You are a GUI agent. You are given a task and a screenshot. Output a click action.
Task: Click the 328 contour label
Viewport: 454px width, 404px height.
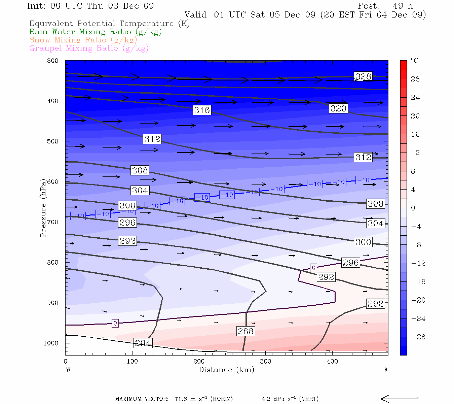363,76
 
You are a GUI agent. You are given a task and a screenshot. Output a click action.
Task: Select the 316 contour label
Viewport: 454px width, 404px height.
202,110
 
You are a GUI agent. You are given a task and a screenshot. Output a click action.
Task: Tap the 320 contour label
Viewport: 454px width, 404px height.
338,108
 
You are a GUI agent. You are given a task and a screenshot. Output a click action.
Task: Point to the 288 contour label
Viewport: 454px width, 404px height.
246,331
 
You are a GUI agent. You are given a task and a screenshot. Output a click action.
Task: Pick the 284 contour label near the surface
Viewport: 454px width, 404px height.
143,343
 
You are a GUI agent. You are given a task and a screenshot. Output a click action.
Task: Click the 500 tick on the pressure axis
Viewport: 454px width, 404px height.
53,141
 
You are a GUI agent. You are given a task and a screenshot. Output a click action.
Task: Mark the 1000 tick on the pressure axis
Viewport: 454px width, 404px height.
51,343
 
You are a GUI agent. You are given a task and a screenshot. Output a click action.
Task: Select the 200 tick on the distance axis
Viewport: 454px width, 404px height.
199,362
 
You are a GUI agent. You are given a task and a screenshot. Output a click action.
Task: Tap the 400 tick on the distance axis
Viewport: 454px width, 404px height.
332,362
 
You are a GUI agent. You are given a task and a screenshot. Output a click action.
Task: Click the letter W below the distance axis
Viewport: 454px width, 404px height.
68,370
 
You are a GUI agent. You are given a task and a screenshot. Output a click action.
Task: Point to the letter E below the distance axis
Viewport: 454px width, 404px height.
386,370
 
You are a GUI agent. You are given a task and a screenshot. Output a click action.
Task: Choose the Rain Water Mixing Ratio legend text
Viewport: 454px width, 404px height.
96,32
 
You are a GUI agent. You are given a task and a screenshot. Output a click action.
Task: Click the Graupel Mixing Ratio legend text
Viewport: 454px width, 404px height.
89,48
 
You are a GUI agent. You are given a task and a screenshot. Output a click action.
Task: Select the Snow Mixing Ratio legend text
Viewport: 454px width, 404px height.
83,40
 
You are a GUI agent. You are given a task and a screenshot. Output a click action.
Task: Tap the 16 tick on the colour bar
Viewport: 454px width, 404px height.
415,134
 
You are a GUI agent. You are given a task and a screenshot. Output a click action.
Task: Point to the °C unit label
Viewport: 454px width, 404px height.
415,61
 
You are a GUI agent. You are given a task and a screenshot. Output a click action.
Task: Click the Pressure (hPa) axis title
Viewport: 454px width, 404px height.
43,208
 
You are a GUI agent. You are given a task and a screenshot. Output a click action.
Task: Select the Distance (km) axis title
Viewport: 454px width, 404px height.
226,370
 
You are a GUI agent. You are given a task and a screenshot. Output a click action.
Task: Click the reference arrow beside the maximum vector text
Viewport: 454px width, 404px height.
400,399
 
